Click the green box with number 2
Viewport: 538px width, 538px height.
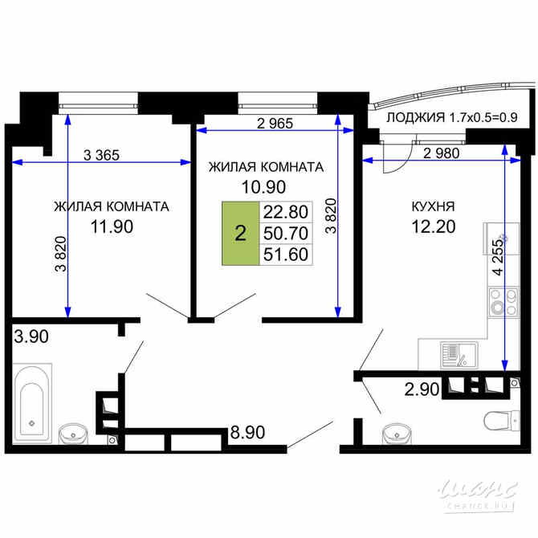(239, 234)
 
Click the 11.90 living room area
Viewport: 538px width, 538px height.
(111, 226)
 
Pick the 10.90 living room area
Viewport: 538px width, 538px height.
(266, 187)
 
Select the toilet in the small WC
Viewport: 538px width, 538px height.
(499, 420)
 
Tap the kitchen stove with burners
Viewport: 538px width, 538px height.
(503, 305)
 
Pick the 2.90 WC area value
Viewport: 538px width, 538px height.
(421, 390)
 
